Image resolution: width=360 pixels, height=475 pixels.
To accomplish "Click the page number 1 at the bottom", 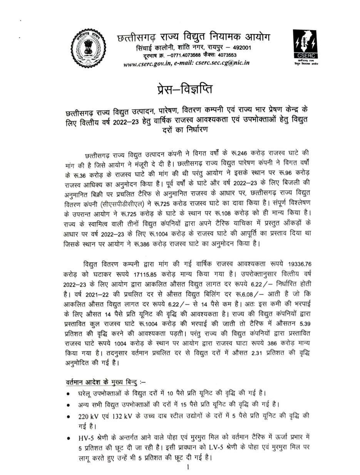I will pyautogui.click(x=188, y=467).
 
